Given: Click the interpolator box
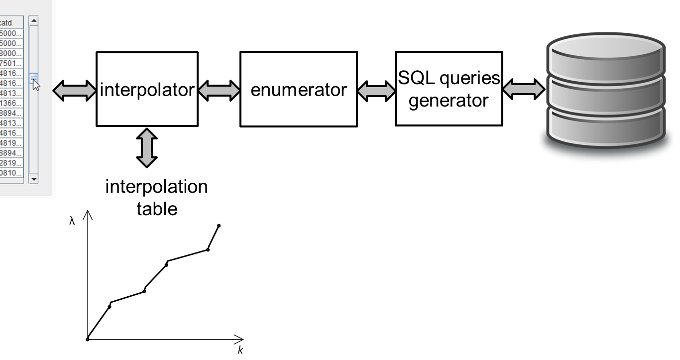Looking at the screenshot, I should tap(147, 89).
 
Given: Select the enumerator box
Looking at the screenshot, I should tap(298, 89).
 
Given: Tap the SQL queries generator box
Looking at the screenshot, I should tap(449, 89).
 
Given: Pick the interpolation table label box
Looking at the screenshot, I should tap(156, 197).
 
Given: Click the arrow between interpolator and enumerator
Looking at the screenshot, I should tap(219, 90).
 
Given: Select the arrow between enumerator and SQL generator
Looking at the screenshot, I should tap(376, 90).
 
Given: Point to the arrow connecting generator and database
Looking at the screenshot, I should tap(524, 89).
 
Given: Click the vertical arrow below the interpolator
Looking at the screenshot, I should tap(147, 148).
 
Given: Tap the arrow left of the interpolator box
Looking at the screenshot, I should tap(75, 90).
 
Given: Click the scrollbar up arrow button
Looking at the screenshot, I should tap(34, 21).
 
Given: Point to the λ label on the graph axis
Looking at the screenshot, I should tap(72, 222).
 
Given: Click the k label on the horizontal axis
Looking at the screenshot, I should tap(240, 351).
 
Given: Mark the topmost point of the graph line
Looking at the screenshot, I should tap(219, 226).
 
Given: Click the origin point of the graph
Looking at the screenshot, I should tap(88, 340).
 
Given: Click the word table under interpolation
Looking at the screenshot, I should tap(157, 208).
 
